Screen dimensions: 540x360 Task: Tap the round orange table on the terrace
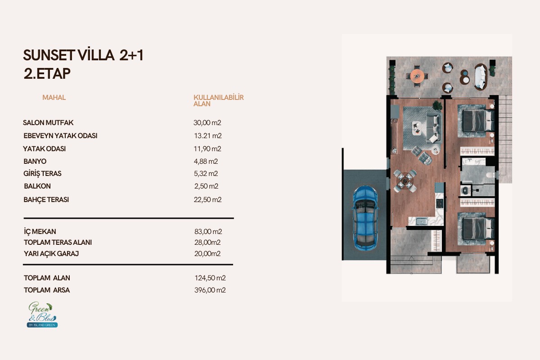(x=417, y=76)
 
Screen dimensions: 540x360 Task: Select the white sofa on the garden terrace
(x=481, y=77)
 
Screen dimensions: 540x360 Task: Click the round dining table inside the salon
(x=405, y=180)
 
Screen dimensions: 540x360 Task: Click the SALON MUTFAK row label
(x=48, y=123)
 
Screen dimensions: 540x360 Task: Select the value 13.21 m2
(x=208, y=136)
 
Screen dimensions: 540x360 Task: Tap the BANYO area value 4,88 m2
(x=206, y=161)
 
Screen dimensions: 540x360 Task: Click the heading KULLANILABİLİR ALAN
(x=218, y=100)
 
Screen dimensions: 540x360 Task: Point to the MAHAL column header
(x=54, y=97)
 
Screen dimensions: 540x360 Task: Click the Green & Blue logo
(x=42, y=315)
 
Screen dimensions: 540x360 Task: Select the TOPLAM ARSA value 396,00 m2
(x=210, y=290)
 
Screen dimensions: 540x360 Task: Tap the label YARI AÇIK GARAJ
(x=51, y=254)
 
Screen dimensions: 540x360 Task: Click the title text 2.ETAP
(x=47, y=73)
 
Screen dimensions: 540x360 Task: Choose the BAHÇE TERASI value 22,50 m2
(x=207, y=200)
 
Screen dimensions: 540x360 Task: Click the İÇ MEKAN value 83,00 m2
(x=208, y=231)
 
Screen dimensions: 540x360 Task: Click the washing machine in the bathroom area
(x=465, y=190)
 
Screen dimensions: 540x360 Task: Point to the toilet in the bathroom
(x=490, y=175)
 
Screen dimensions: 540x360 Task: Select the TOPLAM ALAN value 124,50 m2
(x=210, y=278)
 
